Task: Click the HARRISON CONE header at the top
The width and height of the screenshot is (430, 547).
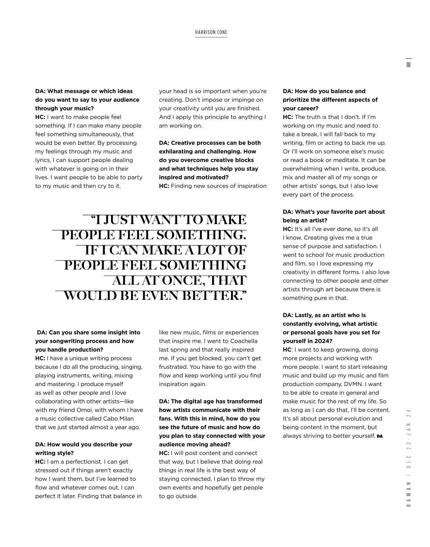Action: (x=211, y=32)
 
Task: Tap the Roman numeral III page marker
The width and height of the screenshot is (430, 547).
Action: (x=409, y=64)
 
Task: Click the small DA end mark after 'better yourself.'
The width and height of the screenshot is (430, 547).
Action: (x=380, y=436)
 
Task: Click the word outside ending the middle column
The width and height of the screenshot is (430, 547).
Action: (x=187, y=496)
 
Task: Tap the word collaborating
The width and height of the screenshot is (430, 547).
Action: (x=56, y=402)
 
